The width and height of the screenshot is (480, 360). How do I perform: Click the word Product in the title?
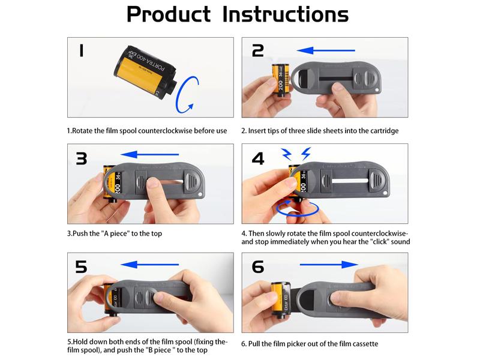click(x=169, y=14)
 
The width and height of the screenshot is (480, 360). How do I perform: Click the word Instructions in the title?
click(x=286, y=14)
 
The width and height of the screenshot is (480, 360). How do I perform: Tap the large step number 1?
click(x=81, y=50)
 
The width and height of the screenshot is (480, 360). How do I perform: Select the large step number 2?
click(x=258, y=50)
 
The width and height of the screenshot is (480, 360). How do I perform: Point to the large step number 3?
click(x=82, y=158)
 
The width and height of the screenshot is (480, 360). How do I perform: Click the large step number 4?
click(x=258, y=158)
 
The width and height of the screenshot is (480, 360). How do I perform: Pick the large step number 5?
click(x=81, y=266)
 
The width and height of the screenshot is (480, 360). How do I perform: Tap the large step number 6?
click(x=258, y=266)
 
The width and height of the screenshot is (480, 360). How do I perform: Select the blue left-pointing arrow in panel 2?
click(x=326, y=50)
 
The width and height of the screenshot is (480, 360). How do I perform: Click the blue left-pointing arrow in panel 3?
click(x=149, y=154)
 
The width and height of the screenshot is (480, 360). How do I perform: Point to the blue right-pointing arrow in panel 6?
click(x=329, y=265)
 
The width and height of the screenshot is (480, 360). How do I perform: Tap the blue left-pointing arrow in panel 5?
click(x=149, y=265)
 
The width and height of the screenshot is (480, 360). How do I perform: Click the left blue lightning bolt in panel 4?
click(x=286, y=154)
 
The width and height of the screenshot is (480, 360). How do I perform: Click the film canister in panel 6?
click(x=281, y=300)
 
